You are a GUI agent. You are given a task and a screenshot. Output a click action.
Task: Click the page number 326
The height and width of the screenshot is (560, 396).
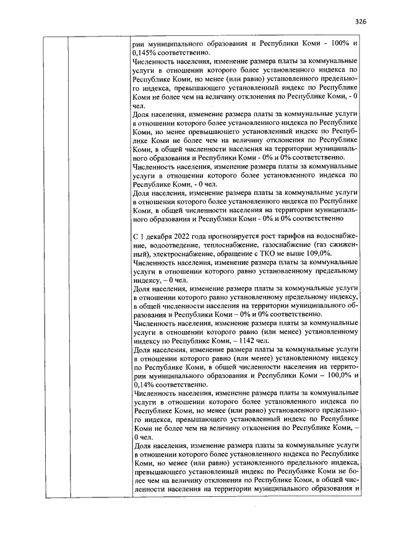pos(361,21)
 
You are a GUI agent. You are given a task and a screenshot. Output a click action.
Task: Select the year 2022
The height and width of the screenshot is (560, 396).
pos(182,236)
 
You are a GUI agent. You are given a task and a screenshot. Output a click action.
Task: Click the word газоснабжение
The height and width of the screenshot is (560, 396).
pos(285,245)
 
